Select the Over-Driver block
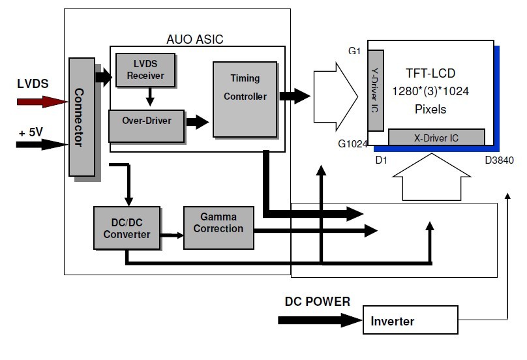(x=147, y=121)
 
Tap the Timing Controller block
(x=245, y=98)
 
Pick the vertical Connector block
(x=81, y=117)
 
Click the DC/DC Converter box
(x=127, y=228)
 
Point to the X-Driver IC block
(x=436, y=137)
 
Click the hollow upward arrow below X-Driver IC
(x=433, y=180)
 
